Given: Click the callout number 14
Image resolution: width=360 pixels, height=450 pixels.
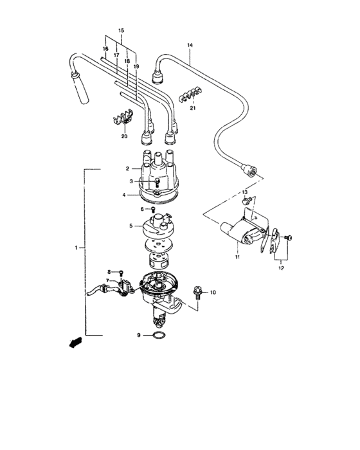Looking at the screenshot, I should point(190,45).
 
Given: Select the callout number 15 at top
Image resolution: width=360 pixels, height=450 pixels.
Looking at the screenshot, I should point(122,31).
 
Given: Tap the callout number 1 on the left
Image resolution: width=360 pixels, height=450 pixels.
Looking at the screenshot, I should point(76,248).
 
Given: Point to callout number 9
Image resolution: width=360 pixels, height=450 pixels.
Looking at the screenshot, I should point(138,335).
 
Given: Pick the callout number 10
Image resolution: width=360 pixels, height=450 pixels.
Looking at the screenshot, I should point(213,292).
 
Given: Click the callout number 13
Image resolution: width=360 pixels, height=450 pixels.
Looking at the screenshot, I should point(245,192).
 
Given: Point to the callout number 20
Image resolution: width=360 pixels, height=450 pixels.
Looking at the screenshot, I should point(125,136).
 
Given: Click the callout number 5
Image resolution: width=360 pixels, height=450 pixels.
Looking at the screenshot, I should point(130,226).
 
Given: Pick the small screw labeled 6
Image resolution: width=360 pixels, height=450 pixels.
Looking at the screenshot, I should point(153,209).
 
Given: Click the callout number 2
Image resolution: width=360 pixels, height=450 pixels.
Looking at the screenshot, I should point(128,169).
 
